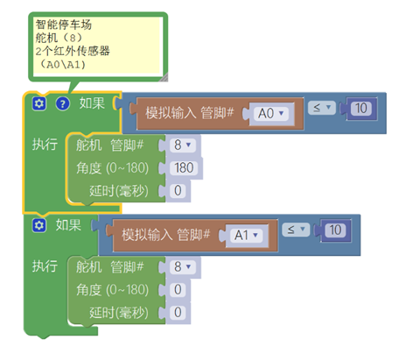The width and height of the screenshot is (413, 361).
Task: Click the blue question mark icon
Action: coord(63,103)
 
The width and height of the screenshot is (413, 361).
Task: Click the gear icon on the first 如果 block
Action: coord(39,103)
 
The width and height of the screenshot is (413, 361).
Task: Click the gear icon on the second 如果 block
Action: coord(39,225)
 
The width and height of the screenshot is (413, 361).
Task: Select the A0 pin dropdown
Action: coord(271,113)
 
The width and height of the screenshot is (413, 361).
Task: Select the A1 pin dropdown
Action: coord(247,235)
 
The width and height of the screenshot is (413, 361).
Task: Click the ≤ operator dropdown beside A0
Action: coord(322,108)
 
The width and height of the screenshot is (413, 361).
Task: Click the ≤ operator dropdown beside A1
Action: coord(296,230)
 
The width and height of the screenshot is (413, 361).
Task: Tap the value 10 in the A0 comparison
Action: coord(361,109)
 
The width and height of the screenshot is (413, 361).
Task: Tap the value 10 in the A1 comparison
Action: coord(335,230)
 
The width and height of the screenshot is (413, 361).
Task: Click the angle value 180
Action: coord(184,168)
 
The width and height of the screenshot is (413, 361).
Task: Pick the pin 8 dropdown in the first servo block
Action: coord(183,145)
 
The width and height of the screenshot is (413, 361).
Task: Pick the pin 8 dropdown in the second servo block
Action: coord(183,266)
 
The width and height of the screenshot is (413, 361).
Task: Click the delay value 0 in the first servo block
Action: coord(178,191)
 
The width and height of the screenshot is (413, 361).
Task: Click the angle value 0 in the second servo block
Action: coord(178,290)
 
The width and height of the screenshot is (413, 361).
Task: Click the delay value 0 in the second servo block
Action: coord(178,313)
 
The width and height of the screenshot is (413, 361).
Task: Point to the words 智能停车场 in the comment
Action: coord(64,25)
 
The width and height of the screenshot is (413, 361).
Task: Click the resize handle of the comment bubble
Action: coord(164,77)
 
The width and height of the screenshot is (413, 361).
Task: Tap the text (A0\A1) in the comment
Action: coord(62,65)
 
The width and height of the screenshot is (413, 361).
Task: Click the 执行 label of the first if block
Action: coord(45,145)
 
